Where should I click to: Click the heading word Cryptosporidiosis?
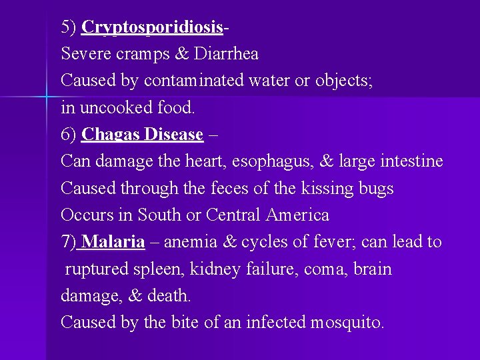151,27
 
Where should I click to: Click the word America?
297,215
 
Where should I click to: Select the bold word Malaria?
115,242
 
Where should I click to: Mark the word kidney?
213,269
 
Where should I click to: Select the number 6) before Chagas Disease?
69,134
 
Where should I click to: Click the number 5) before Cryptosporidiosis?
69,27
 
